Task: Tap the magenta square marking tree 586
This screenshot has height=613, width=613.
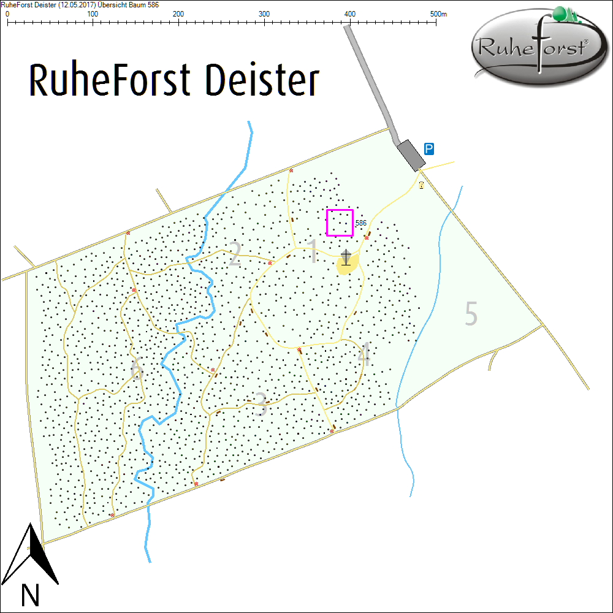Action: (340, 223)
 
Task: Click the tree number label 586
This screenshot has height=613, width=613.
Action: (361, 223)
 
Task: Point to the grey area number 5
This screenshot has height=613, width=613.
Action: (471, 314)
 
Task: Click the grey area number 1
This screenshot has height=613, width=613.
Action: (313, 251)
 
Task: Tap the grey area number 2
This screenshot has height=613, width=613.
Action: (234, 256)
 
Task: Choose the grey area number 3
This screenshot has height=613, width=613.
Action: (262, 405)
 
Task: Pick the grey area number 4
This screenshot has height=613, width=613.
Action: (365, 356)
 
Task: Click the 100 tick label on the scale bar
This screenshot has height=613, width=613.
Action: (93, 13)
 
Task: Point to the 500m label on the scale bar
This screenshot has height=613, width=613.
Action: (439, 13)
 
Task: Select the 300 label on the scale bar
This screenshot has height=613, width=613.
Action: (264, 13)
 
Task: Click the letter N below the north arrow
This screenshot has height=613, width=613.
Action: (30, 595)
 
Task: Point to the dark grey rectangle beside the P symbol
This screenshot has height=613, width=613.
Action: (411, 155)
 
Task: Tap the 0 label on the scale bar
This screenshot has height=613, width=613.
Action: (7, 13)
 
